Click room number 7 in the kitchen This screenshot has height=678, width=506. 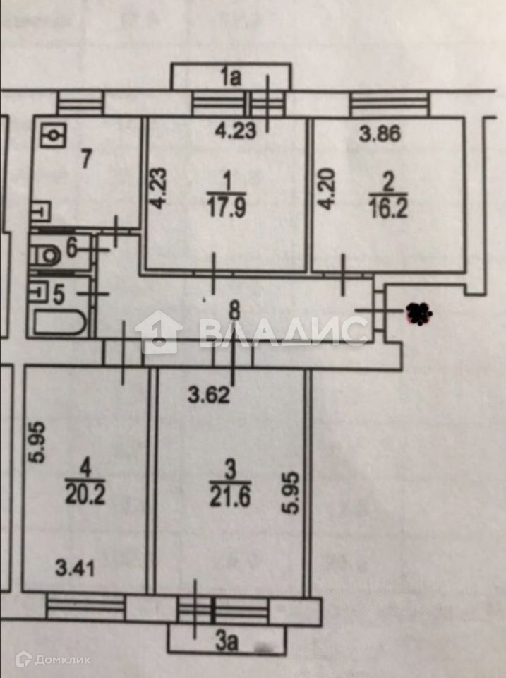point(85,159)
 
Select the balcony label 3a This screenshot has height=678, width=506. point(226,643)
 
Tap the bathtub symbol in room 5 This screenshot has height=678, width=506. point(60,324)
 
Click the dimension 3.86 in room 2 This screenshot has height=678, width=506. point(380,133)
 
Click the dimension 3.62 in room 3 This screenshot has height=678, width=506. point(208,395)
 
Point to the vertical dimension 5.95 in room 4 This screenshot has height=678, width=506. point(40,442)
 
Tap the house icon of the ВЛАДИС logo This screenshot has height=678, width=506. point(158,332)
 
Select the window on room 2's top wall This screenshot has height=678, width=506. point(390,106)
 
